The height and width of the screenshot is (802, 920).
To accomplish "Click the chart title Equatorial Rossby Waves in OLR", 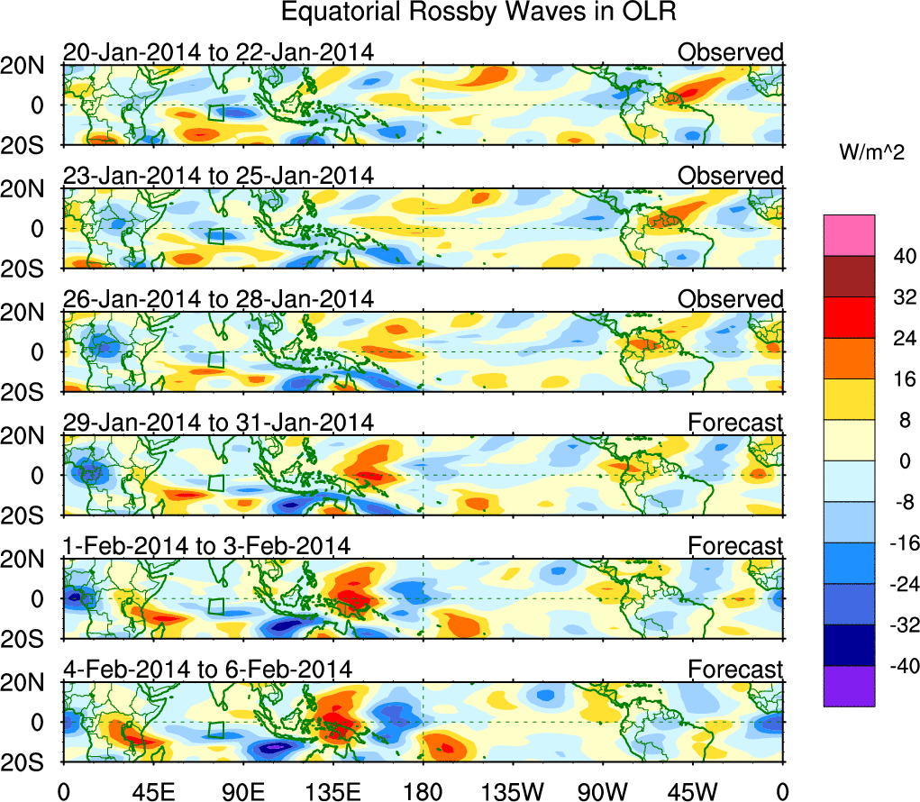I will (x=478, y=13).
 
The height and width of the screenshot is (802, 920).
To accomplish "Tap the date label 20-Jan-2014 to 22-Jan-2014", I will (x=218, y=52).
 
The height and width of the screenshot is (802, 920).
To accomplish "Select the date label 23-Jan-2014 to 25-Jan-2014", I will (x=218, y=176).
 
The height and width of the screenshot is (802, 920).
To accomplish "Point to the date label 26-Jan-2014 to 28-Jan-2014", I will (x=218, y=299).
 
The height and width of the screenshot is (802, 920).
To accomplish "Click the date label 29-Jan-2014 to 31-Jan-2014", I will (x=218, y=422).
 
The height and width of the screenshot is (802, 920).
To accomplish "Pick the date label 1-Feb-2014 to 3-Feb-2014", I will (x=206, y=545).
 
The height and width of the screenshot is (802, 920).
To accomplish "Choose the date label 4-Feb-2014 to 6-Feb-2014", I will (x=207, y=669).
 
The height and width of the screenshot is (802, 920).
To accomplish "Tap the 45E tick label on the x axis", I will (x=152, y=791).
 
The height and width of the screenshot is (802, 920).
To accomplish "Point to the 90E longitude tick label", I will (x=242, y=791).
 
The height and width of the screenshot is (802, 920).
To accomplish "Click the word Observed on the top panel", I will (x=730, y=52).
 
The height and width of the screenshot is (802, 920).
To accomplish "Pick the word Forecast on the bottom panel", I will (x=735, y=669).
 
